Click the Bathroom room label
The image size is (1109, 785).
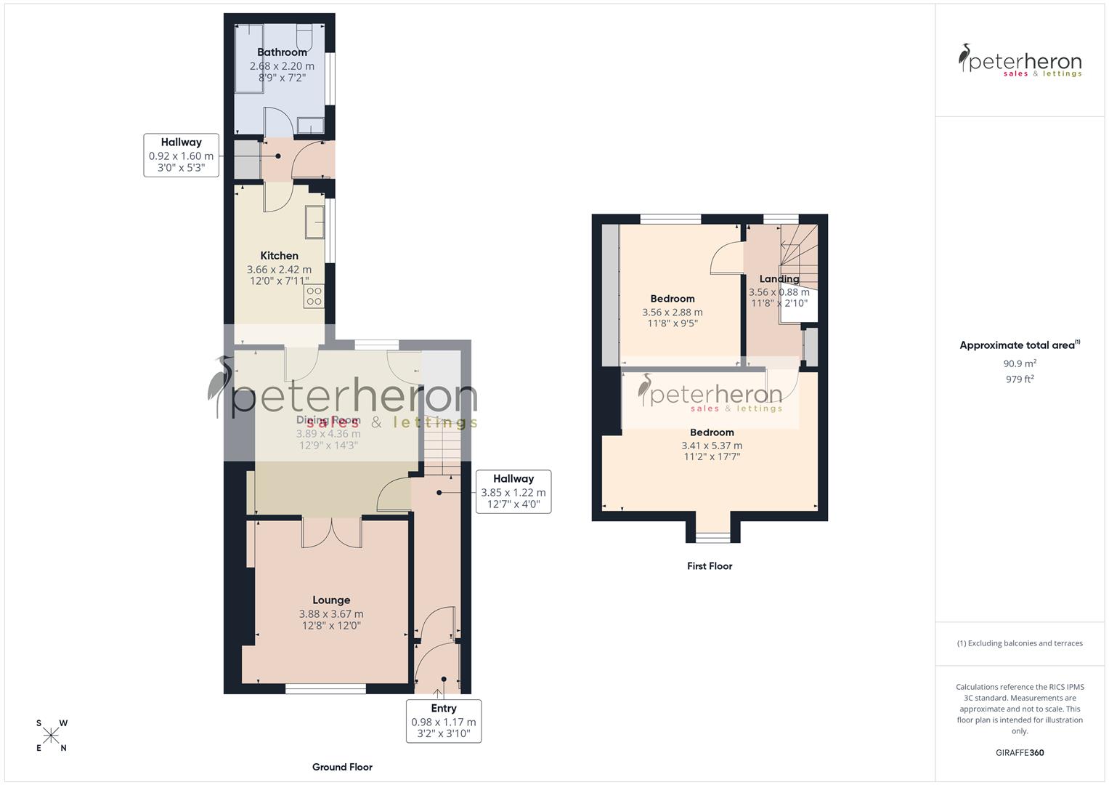click(x=282, y=52)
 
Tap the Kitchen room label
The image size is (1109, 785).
click(x=279, y=256)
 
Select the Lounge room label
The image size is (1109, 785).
click(x=331, y=600)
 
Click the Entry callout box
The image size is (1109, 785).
click(x=443, y=720)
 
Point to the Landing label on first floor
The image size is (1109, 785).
click(x=779, y=279)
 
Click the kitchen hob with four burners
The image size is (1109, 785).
click(x=314, y=296)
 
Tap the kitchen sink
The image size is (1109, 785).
click(x=315, y=222)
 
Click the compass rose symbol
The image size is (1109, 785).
click(x=51, y=736)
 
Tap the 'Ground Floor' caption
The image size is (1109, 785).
click(x=342, y=767)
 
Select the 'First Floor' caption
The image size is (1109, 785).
click(x=710, y=566)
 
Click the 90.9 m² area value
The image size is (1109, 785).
click(x=1020, y=363)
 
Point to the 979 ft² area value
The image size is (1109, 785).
click(x=1020, y=379)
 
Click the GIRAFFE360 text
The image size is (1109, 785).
click(x=1020, y=753)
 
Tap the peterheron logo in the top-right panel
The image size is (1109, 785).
click(x=1020, y=60)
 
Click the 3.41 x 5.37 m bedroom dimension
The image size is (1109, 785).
click(x=712, y=446)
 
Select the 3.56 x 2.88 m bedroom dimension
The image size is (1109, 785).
click(x=672, y=313)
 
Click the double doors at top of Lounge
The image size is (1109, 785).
click(x=332, y=532)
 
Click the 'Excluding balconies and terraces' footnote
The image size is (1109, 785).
click(x=1020, y=643)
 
